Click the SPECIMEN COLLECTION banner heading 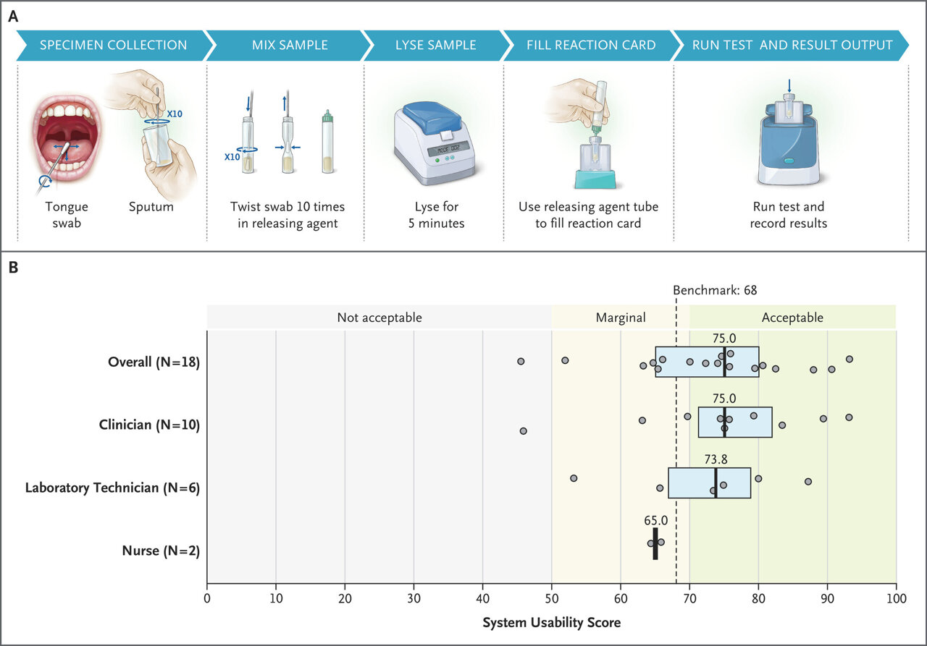[x=113, y=45]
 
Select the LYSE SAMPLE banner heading [x=435, y=45]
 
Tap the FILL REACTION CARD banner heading [x=591, y=45]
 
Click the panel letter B [x=13, y=268]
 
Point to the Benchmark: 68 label [x=715, y=290]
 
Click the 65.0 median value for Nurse [x=655, y=520]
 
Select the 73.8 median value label [x=716, y=459]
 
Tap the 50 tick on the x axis [x=552, y=598]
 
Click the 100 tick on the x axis [x=897, y=598]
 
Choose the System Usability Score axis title [x=552, y=622]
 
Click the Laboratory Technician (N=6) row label [x=112, y=488]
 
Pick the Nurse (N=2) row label [x=161, y=551]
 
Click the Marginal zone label [x=621, y=318]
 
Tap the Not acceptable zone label [x=379, y=318]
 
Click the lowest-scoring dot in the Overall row [x=521, y=361]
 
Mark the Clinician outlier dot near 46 [x=523, y=431]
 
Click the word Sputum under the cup [x=151, y=207]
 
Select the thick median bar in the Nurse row [x=655, y=544]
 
